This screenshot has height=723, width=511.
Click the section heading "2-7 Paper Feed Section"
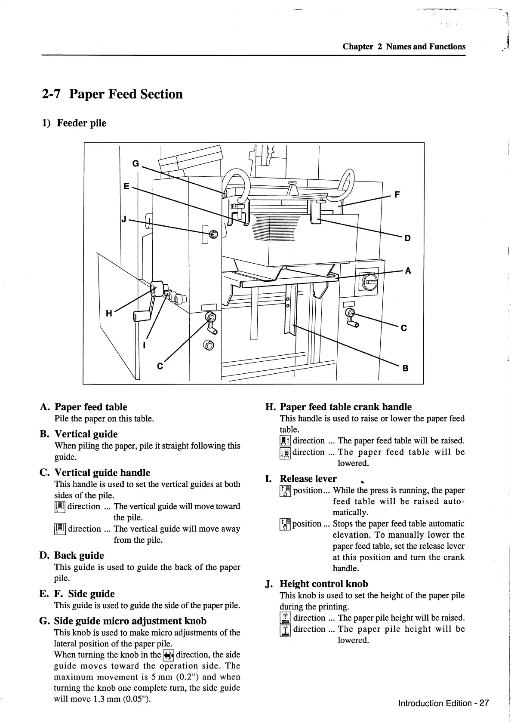(x=112, y=94)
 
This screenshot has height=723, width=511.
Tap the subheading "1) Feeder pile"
(x=74, y=123)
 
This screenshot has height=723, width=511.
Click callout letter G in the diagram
(x=135, y=163)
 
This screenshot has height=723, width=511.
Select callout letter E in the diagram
(x=126, y=186)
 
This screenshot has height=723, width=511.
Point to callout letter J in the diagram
(x=124, y=219)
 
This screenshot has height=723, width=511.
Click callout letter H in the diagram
(x=109, y=313)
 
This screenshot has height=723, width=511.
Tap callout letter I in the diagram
(x=145, y=345)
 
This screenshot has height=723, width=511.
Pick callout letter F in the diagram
(x=397, y=195)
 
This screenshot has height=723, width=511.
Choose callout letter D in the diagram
(x=408, y=238)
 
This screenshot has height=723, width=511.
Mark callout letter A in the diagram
(x=408, y=271)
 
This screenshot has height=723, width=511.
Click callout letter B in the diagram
(x=405, y=368)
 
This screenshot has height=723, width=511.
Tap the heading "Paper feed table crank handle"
(x=345, y=407)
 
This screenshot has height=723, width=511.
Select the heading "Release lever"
(x=308, y=479)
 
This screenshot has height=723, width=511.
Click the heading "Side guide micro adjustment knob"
(x=130, y=621)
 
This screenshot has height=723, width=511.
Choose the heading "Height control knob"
(x=323, y=584)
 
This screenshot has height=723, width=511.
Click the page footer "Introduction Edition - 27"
(x=443, y=703)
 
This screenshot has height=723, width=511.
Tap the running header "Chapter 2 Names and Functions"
(x=404, y=46)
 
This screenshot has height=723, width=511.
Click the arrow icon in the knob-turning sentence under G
(x=168, y=655)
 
